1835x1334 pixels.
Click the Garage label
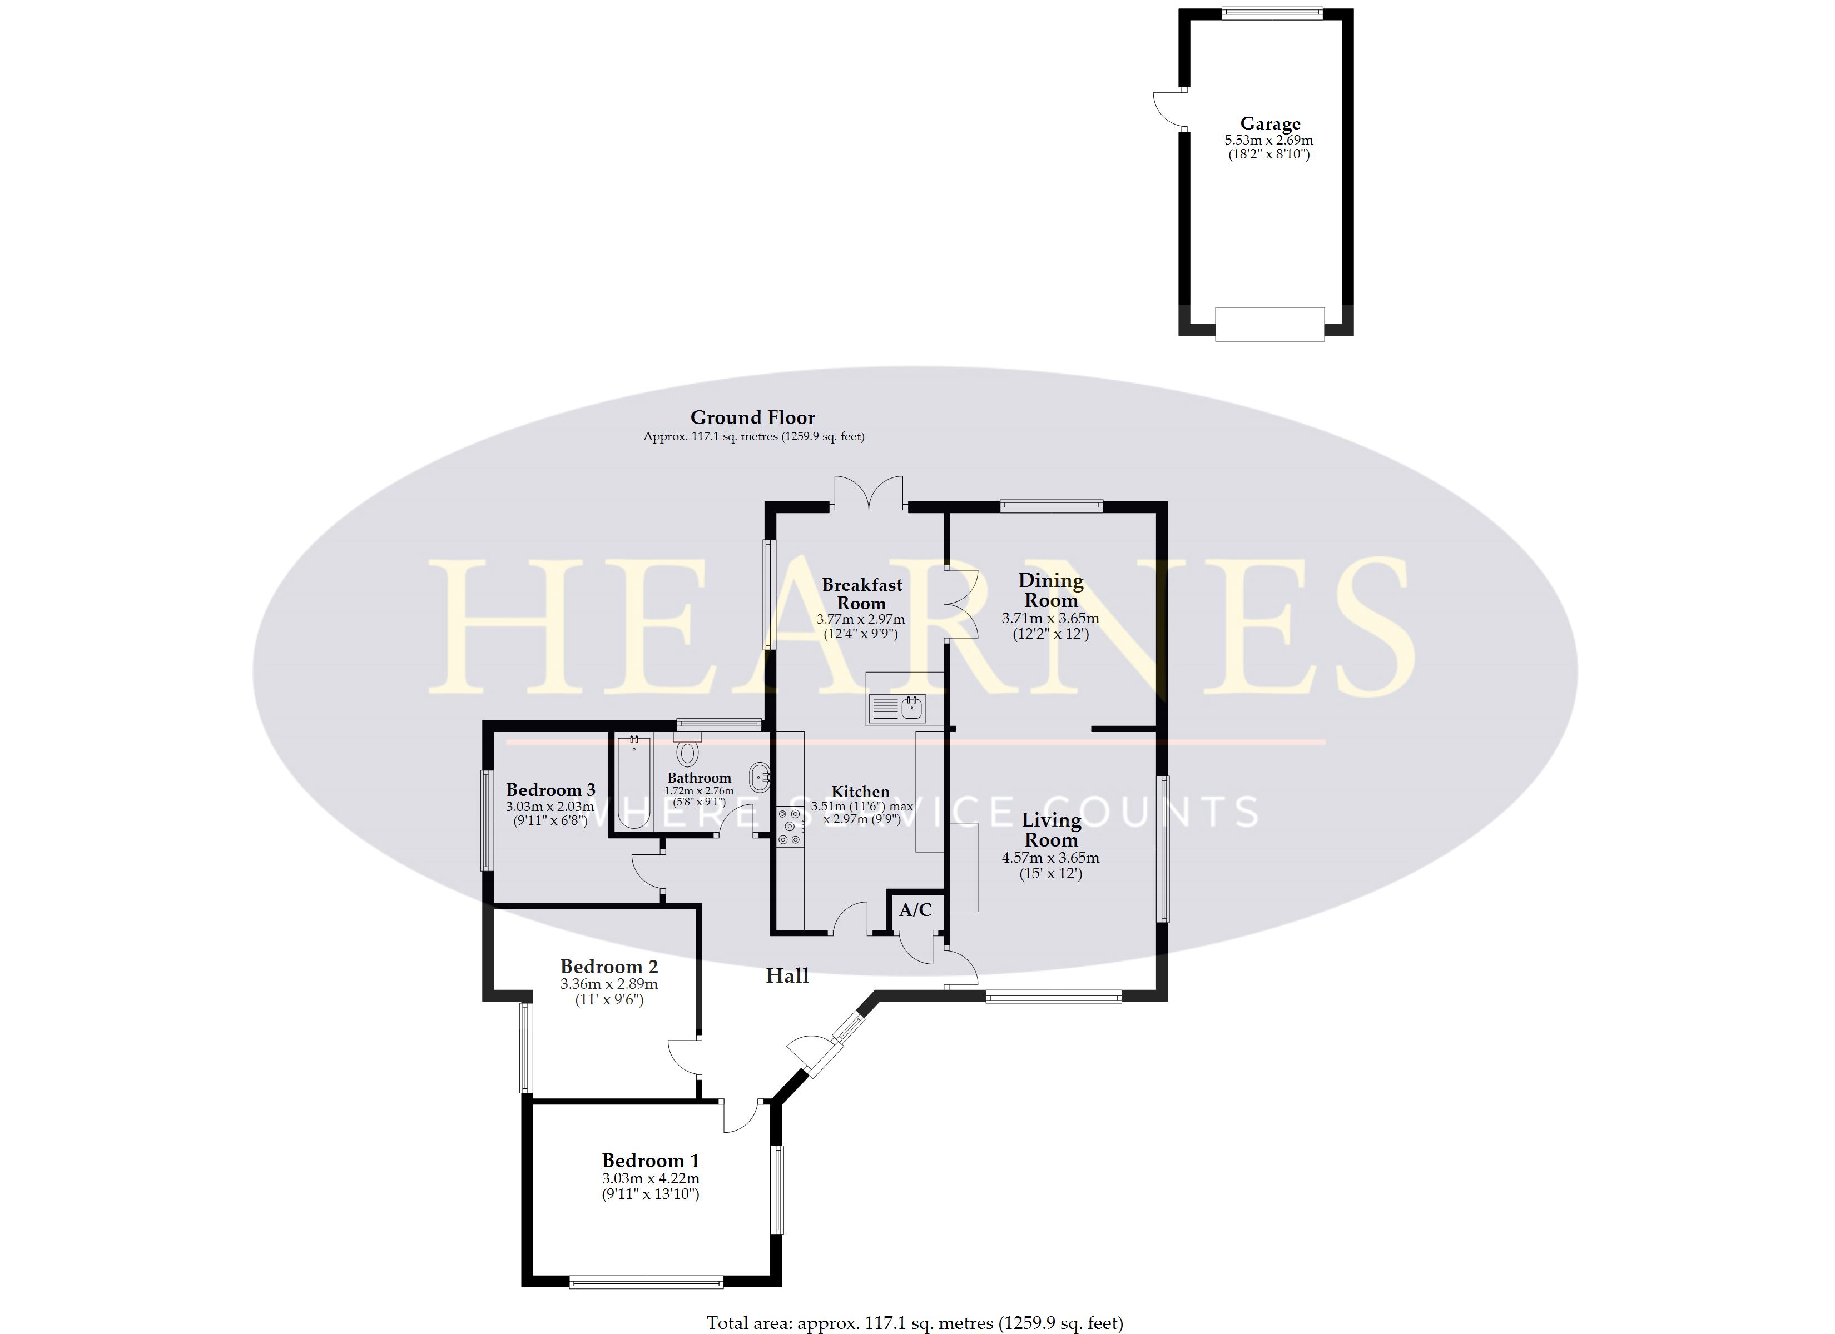(x=1269, y=124)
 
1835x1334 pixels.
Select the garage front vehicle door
(x=1269, y=323)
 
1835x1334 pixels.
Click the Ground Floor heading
(x=752, y=417)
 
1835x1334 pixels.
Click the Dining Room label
(x=1050, y=590)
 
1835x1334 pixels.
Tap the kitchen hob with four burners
(x=790, y=827)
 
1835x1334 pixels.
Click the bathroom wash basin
(x=760, y=778)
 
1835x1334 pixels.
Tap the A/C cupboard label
(x=915, y=910)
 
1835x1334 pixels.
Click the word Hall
(x=787, y=975)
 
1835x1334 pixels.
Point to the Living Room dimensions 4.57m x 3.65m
(x=1050, y=858)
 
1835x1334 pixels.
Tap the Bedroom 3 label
(x=551, y=789)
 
